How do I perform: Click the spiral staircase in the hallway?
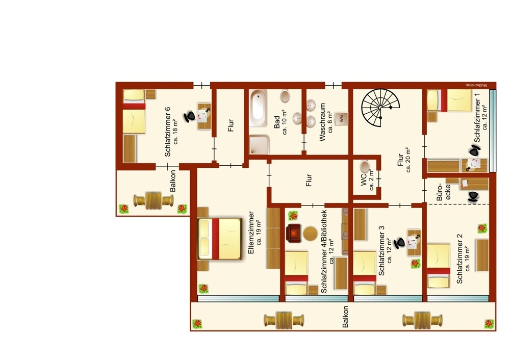380,108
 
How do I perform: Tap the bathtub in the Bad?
259,109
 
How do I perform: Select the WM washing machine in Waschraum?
341,118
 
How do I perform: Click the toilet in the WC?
365,166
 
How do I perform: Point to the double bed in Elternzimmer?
220,239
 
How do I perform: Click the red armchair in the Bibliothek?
293,233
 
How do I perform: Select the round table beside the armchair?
310,234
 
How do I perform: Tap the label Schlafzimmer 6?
168,131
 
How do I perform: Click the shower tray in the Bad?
260,145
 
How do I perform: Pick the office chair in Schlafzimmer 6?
190,116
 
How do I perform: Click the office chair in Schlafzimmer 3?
399,243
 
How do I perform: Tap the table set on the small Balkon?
154,200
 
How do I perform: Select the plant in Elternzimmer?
203,288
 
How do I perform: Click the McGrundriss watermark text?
476,85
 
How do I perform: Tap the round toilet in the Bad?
285,96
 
